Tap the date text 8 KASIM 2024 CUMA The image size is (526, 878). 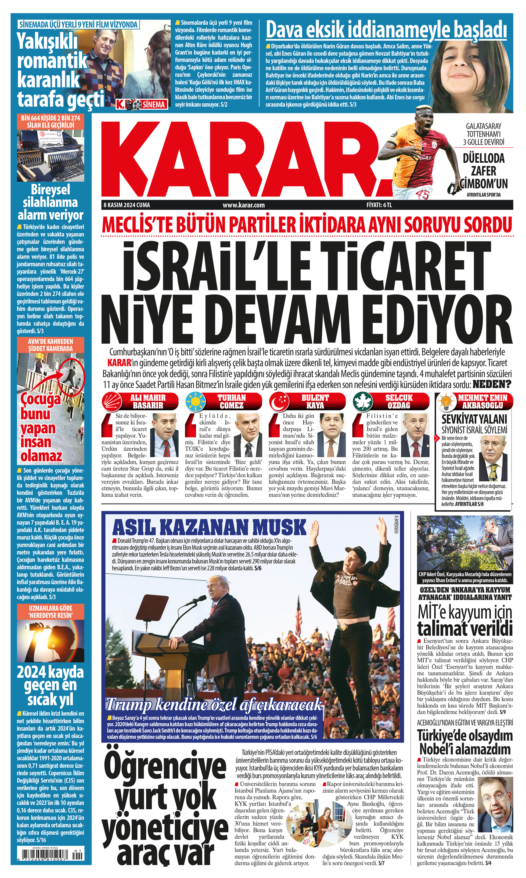click(126, 205)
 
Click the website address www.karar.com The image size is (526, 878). click(244, 205)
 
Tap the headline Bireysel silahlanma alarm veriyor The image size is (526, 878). click(50, 202)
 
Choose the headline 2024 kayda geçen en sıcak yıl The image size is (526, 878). click(50, 686)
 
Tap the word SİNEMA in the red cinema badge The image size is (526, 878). click(154, 104)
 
